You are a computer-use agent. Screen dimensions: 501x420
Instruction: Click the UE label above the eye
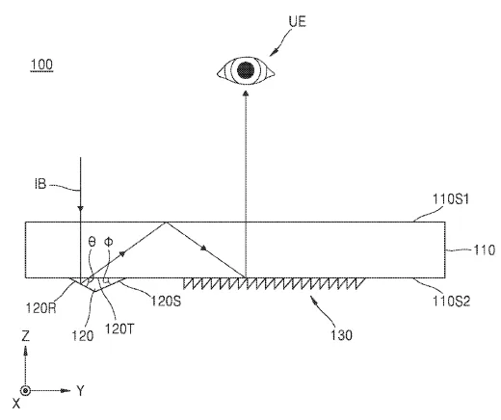coord(297,22)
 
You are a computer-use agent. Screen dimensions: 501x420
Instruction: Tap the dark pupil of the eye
coord(246,69)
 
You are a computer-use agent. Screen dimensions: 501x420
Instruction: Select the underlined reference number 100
coord(41,65)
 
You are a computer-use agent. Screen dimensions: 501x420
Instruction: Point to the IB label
coord(40,184)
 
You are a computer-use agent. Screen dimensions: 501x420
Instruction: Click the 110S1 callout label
coord(451,199)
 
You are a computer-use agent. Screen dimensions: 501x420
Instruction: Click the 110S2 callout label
coord(451,302)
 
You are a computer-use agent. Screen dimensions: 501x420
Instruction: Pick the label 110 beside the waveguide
coord(485,249)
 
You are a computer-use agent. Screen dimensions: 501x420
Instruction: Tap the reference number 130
coord(341,335)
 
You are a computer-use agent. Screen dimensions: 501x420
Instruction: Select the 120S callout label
coord(166,301)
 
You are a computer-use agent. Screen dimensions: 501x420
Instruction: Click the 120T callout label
coord(119,328)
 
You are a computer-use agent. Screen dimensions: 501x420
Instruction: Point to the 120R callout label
coord(41,308)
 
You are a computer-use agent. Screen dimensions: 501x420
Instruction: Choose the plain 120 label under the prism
coord(83,336)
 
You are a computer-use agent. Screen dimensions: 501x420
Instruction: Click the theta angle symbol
coord(92,242)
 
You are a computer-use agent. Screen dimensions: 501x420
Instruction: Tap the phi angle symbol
coord(109,242)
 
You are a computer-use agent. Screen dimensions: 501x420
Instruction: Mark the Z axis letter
coord(25,336)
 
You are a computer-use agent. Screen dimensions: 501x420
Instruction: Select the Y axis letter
coord(80,391)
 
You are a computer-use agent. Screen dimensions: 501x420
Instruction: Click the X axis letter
coord(16,404)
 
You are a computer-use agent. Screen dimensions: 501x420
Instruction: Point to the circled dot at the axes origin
coord(25,391)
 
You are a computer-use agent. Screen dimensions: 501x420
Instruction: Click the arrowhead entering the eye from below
coord(246,93)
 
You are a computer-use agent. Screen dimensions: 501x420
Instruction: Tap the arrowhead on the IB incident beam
coord(81,208)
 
